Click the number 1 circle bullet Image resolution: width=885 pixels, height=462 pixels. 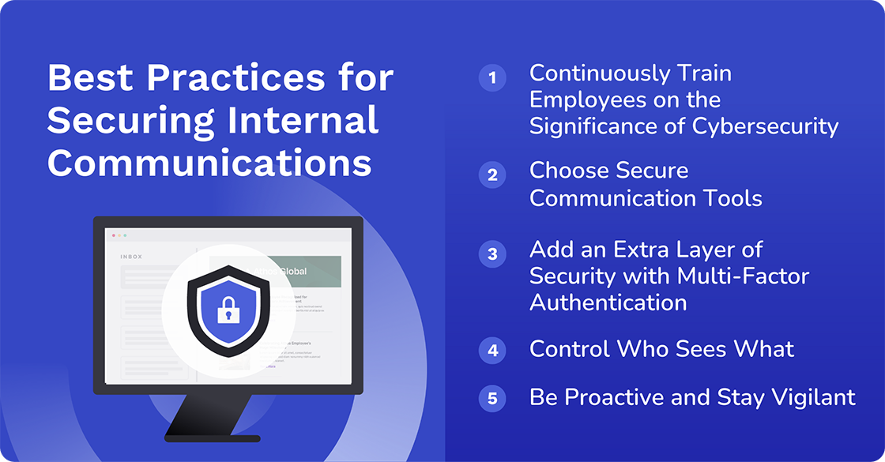coord(492,77)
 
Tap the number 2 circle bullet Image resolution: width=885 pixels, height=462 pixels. coord(492,175)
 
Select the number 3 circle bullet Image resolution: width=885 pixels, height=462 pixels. coord(492,254)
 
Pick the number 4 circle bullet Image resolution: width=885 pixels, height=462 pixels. coord(492,350)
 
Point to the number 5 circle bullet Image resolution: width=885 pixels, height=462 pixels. coord(492,398)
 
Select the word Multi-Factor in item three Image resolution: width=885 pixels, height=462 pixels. coord(743,276)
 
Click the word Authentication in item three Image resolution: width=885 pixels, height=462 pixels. coord(608,302)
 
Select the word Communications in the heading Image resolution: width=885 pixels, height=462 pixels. coord(209,162)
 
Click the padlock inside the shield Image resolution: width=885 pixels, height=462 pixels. coord(228,309)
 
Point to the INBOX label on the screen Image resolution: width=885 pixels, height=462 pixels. coord(132,257)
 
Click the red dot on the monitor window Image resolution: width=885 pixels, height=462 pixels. coord(113,235)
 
